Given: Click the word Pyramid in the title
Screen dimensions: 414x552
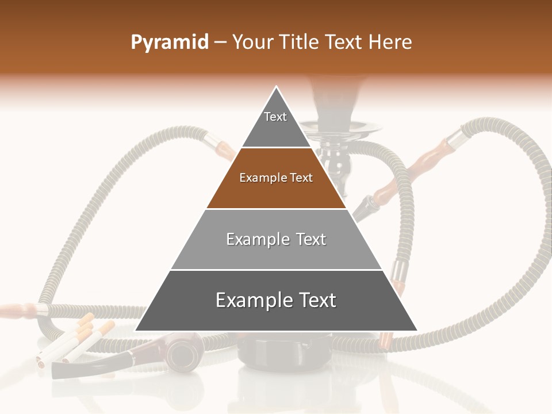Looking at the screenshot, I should pos(169,43).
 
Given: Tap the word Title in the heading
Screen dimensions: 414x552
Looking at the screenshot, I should pos(301,43).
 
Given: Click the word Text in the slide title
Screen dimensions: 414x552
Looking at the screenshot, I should pos(344,43).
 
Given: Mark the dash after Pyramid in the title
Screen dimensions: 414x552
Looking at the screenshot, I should pos(220,43).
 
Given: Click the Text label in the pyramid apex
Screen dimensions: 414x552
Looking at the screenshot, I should pos(275,117).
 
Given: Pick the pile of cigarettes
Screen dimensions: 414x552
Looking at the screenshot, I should pos(75,342).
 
